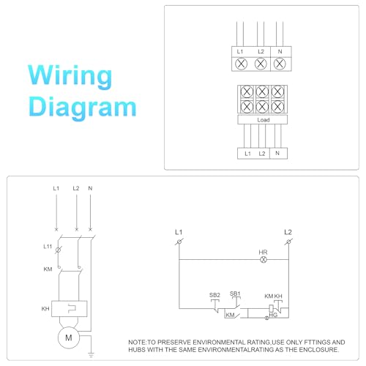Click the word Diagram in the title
(x=82, y=108)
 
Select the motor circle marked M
(x=69, y=337)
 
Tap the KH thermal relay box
(x=69, y=309)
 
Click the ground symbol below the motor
(x=91, y=355)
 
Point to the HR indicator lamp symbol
(x=264, y=260)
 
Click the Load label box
(x=263, y=119)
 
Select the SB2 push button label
(x=214, y=295)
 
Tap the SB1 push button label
(x=235, y=294)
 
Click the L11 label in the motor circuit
(x=48, y=247)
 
